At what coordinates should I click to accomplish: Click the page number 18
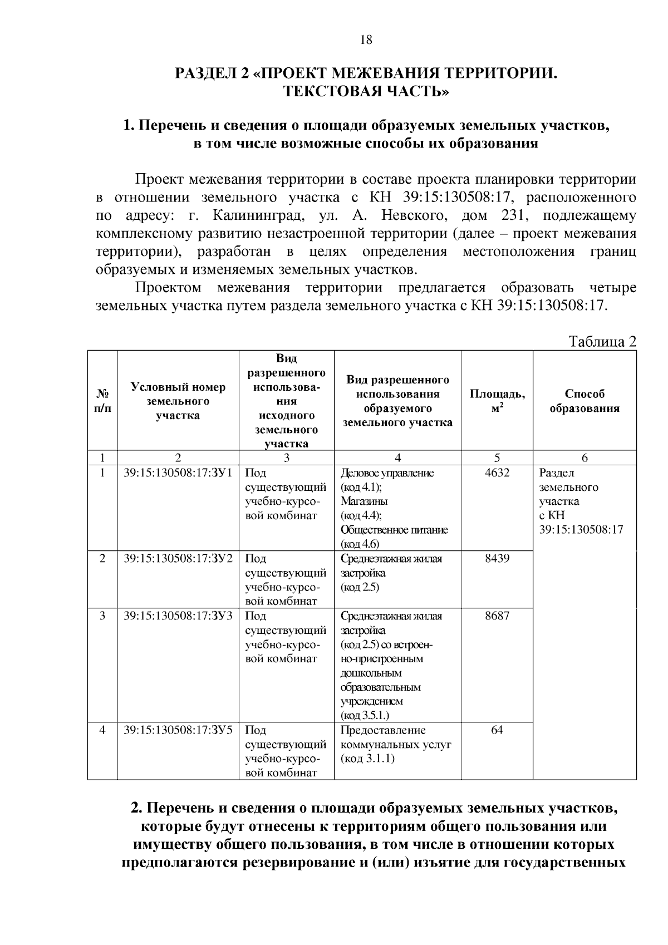366,40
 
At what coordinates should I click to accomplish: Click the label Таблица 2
602,341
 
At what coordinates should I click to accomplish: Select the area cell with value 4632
497,473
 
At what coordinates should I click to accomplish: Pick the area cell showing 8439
497,558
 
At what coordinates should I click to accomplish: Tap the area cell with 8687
497,616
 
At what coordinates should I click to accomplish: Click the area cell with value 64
497,730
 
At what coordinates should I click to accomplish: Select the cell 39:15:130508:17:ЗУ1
178,473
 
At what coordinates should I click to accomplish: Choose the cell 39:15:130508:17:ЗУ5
178,730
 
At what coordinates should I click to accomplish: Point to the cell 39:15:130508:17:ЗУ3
178,616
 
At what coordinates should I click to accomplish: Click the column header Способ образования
584,401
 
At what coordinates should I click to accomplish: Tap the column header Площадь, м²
497,401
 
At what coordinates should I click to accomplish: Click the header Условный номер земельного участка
178,401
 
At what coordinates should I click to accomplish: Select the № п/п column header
102,401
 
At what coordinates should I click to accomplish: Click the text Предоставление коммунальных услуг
395,737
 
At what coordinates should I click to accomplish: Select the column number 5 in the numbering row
497,457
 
